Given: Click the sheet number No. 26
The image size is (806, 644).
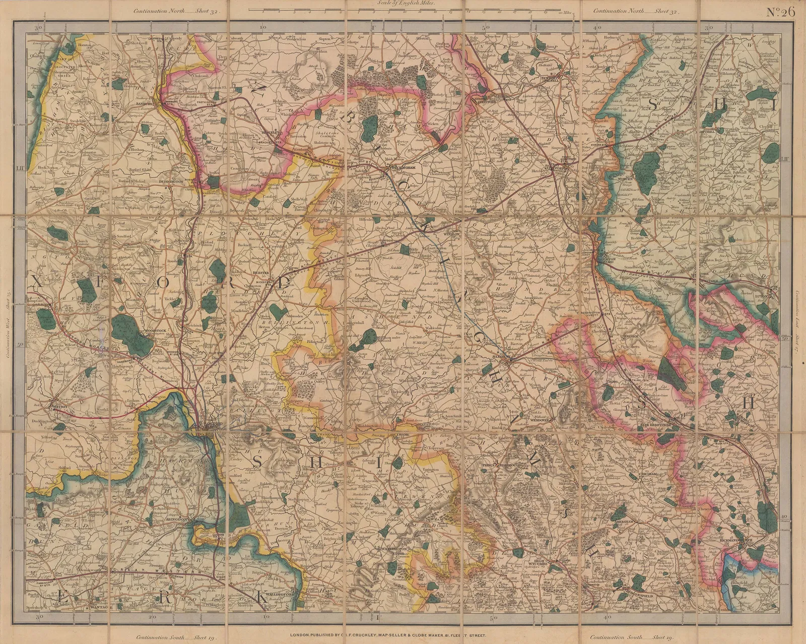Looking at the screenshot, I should (780, 13).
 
